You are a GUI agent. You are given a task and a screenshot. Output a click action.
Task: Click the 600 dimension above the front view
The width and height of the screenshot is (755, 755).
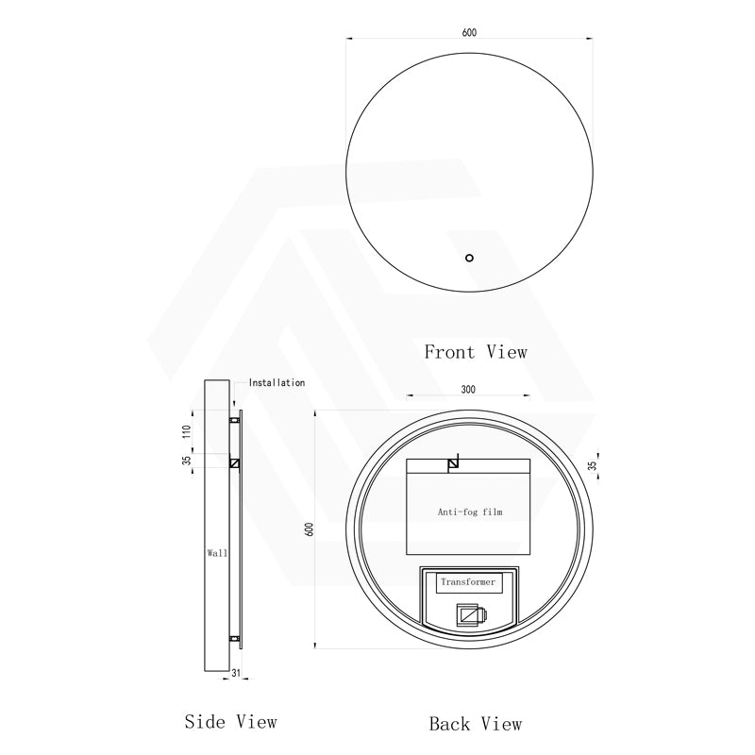[469, 32]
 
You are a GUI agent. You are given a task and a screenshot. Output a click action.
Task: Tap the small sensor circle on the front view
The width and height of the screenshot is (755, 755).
[469, 258]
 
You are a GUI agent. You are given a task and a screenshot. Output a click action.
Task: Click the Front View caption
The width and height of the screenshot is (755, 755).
[476, 352]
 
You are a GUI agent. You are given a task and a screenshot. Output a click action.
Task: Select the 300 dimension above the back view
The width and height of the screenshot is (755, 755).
[468, 390]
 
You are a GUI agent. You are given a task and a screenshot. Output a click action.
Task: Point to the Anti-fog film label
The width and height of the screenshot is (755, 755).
[470, 512]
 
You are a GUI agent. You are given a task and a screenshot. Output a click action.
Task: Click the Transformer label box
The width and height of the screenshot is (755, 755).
[468, 582]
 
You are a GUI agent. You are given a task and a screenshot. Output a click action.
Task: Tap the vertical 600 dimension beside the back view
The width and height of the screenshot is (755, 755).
[310, 529]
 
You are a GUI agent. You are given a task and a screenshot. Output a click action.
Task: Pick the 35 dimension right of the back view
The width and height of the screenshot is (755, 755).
[593, 465]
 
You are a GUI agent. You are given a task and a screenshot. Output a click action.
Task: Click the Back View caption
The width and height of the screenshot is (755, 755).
[476, 724]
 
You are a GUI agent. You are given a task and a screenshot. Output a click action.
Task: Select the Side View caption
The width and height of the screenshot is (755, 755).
[230, 722]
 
